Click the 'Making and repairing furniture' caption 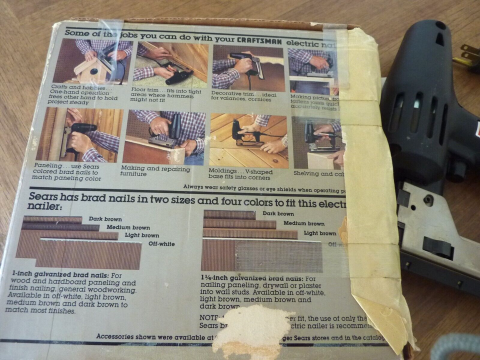click(155, 171)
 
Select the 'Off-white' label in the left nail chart click(161, 244)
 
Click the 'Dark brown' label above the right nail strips click(277, 213)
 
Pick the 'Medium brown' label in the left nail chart click(127, 227)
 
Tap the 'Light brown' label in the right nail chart click(320, 233)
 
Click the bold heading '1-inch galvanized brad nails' click(47, 275)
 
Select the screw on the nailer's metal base click(428, 200)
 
